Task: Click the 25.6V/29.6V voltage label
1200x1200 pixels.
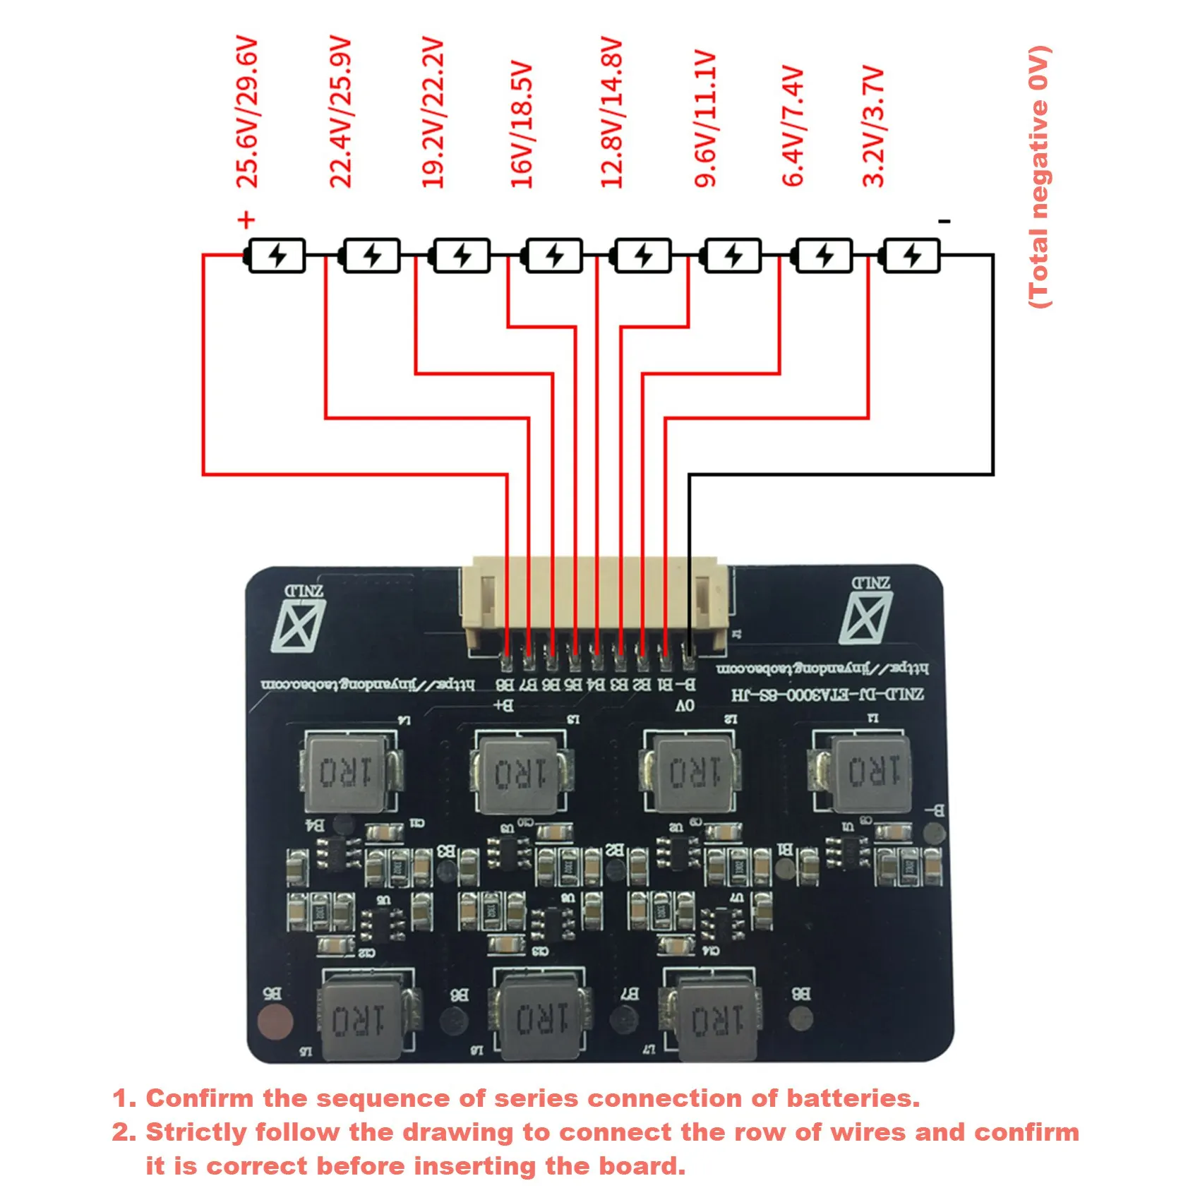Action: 247,113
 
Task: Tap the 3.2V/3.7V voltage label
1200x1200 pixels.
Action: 873,127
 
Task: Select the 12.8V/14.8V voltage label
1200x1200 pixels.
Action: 611,113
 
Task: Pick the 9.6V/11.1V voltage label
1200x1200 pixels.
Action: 705,119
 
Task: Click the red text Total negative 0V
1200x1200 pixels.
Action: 1038,176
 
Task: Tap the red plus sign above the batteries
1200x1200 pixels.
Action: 246,220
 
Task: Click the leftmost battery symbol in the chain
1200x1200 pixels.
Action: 275,256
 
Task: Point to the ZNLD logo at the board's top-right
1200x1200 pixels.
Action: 868,611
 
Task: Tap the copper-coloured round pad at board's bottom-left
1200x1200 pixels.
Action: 275,1021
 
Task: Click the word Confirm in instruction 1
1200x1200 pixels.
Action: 200,1098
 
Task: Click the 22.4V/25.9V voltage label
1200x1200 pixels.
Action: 340,113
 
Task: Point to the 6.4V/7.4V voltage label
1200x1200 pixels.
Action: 793,127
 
